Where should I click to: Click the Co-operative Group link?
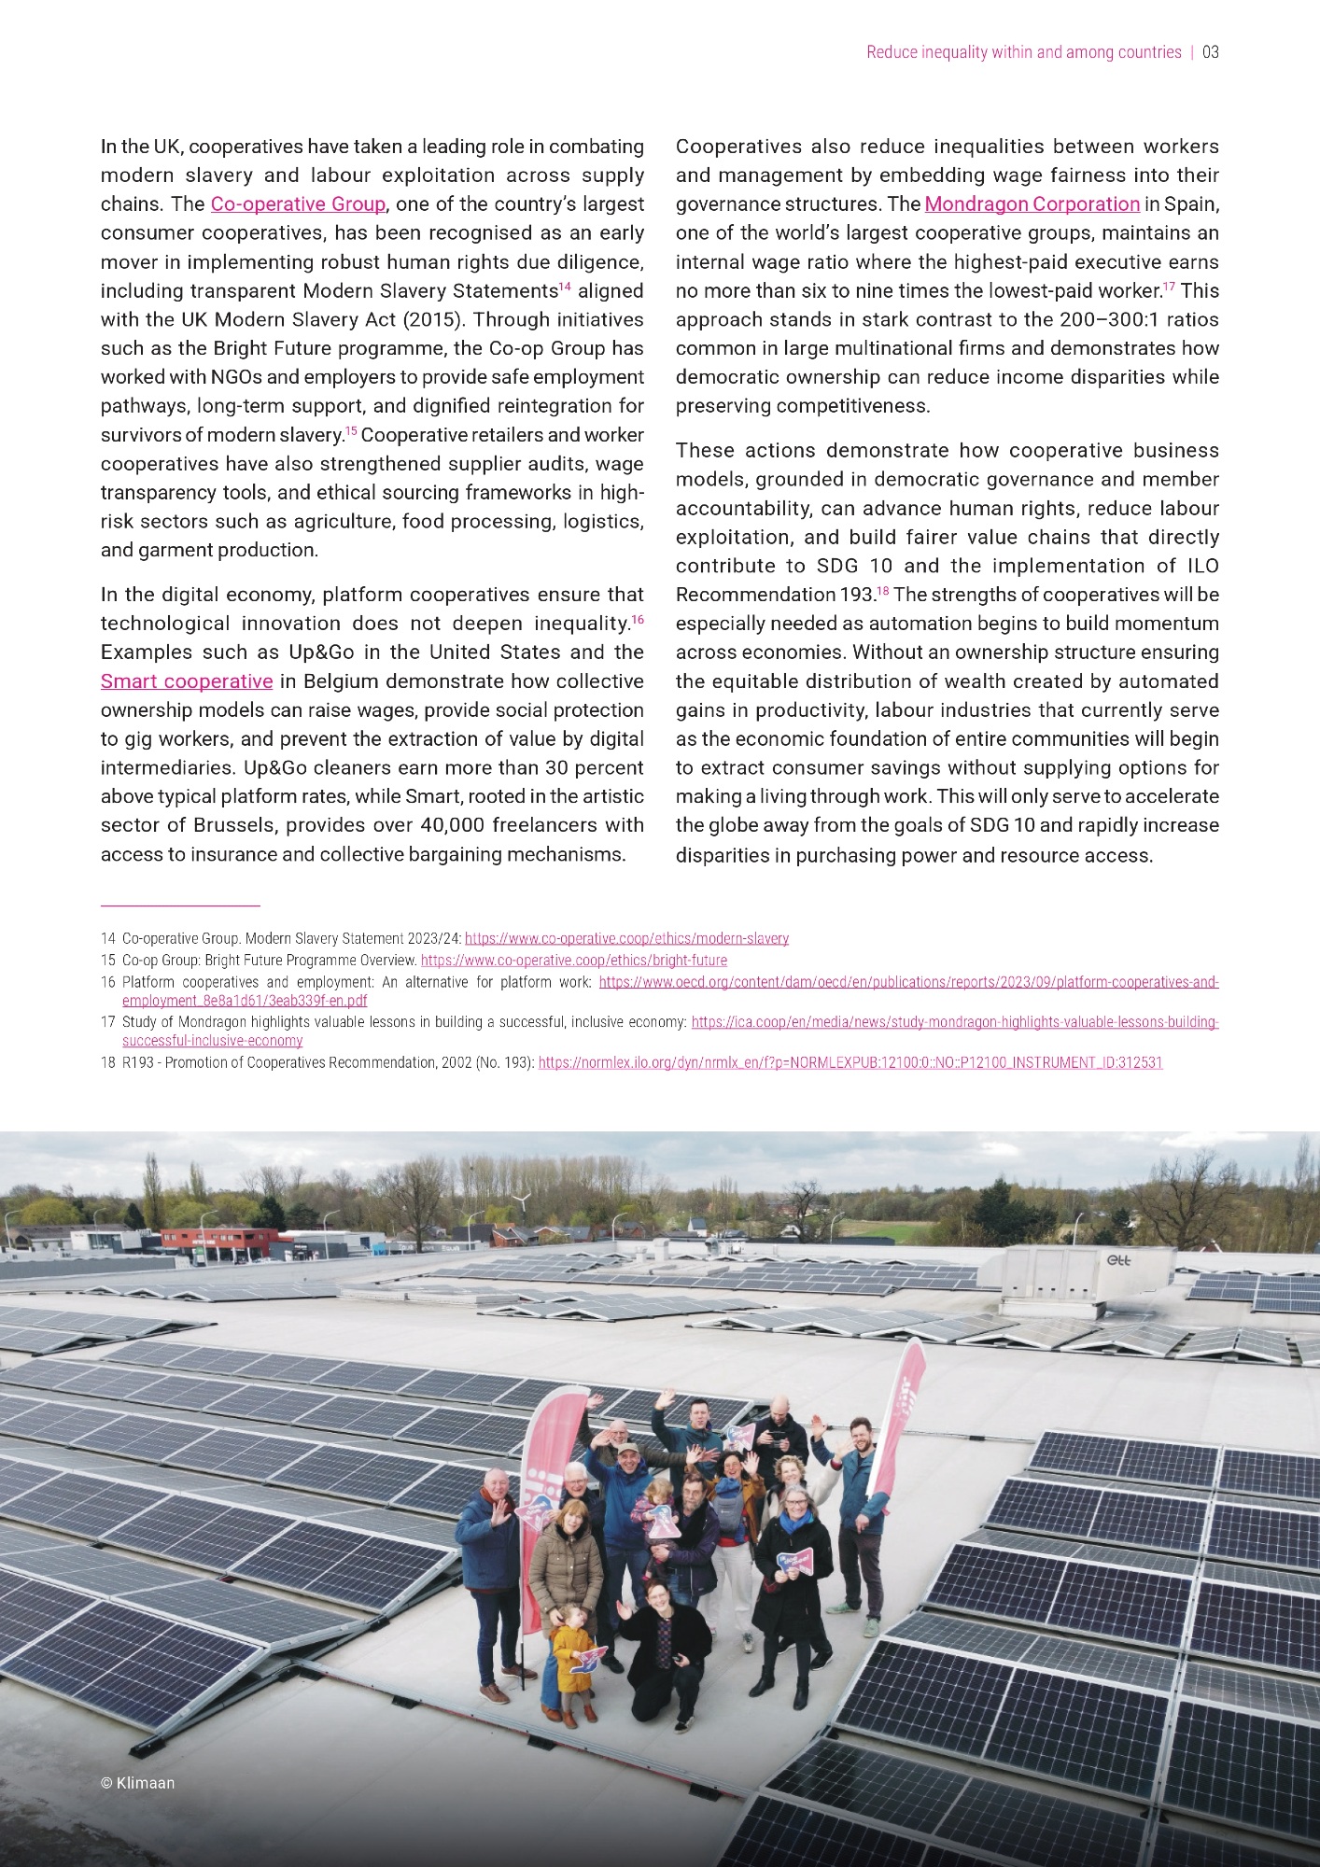298,204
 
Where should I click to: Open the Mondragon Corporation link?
1032,204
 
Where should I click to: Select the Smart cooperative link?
187,681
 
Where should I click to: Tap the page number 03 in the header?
1210,52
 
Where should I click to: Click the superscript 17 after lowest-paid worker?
1169,287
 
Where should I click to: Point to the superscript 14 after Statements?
564,287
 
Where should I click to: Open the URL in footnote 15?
573,961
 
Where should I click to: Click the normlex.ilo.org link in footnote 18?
850,1062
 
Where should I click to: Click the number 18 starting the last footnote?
107,1062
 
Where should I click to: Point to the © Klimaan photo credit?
137,1783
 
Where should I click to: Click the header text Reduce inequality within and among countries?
1023,52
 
